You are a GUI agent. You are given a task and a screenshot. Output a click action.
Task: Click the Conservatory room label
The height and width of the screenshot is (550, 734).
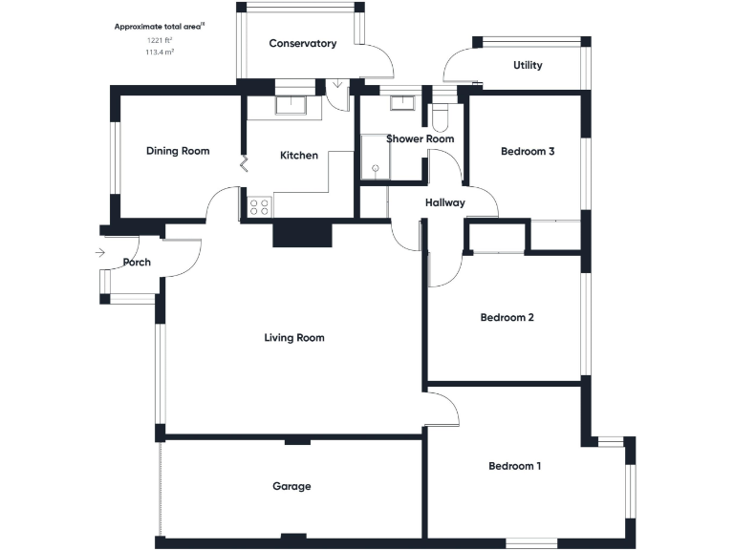click(302, 44)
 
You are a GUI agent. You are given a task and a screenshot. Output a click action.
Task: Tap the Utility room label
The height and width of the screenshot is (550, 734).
click(528, 66)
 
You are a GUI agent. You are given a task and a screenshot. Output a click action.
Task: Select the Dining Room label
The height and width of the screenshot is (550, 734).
click(178, 151)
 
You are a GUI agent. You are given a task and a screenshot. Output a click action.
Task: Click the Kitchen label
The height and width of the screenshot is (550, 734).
click(298, 156)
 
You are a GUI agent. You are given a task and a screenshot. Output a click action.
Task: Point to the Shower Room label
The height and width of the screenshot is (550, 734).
click(420, 139)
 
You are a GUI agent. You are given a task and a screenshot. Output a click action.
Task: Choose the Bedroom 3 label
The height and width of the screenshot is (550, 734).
click(528, 151)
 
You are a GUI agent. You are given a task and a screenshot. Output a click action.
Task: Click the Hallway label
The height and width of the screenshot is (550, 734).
click(445, 202)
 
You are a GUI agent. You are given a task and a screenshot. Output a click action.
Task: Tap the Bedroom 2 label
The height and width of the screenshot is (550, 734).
click(507, 318)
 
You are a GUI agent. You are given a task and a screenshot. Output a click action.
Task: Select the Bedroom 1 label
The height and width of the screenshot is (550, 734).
click(515, 466)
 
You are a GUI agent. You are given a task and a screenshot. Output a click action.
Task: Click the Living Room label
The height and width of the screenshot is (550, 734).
click(294, 338)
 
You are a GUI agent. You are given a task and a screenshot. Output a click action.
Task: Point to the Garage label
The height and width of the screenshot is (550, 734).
click(291, 486)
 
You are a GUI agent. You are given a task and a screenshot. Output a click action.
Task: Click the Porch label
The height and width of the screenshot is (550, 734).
click(137, 263)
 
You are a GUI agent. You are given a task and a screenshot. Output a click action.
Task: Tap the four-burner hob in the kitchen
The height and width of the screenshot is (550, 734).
click(259, 206)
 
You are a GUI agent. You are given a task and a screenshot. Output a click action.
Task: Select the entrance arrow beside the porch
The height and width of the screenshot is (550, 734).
click(101, 253)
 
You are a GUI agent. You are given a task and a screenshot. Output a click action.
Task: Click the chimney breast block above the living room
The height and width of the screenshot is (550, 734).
click(302, 234)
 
